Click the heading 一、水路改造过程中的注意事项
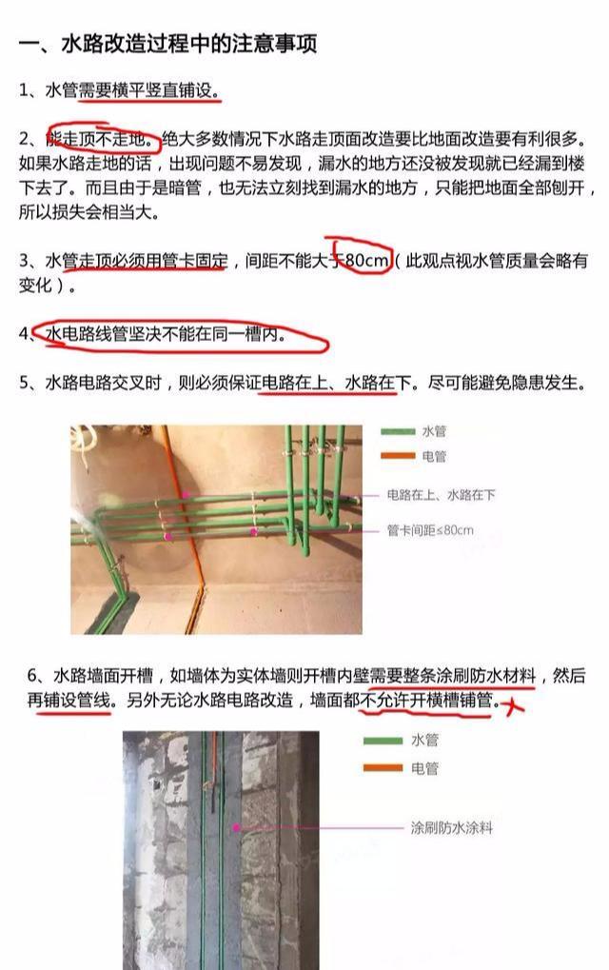pos(167,44)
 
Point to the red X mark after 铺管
pos(515,705)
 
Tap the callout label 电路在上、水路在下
pos(442,496)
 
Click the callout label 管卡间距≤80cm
pos(430,529)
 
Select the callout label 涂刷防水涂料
pos(452,827)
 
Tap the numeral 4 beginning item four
pos(25,335)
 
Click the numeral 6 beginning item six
pos(33,677)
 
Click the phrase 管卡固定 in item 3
pos(194,260)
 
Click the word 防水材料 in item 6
pos(501,677)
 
